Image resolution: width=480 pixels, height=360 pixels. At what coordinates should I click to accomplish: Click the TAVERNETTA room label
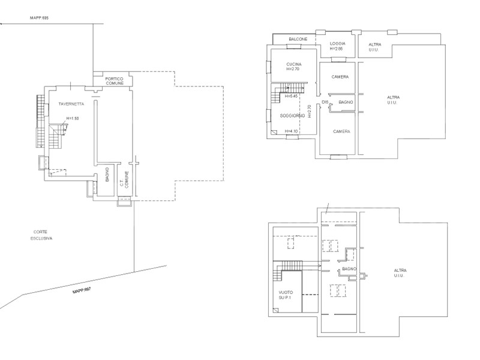point(71,104)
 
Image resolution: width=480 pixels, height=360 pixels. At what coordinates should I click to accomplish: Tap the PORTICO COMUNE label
point(115,81)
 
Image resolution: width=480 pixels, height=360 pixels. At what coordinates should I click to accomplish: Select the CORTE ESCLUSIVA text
point(41,235)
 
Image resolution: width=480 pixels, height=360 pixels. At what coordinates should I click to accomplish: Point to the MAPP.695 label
point(39,18)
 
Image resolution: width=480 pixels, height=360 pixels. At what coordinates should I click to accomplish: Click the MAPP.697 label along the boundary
point(82,290)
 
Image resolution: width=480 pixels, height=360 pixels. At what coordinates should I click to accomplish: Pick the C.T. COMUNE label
point(124,179)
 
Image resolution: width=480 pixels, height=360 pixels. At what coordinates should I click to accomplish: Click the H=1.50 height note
point(73,118)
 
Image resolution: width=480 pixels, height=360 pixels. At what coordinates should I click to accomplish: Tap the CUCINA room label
point(294,64)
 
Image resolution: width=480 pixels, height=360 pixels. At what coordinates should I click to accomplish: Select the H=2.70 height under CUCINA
point(293,69)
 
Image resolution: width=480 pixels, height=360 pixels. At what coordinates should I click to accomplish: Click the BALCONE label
point(298,39)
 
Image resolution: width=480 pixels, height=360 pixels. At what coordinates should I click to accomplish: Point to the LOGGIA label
point(338,44)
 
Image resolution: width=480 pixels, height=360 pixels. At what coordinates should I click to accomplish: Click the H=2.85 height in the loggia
point(336,49)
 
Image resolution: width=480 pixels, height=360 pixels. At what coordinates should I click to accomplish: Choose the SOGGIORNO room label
point(292,116)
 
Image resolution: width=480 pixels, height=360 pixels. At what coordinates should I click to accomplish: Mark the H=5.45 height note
point(291,96)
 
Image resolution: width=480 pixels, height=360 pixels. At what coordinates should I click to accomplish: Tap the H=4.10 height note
point(291,131)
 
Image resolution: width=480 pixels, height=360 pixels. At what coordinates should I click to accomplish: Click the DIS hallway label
point(325,102)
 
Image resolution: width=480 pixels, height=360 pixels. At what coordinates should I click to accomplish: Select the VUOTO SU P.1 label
point(286,295)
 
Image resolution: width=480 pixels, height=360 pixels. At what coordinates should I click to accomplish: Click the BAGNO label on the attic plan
point(349,269)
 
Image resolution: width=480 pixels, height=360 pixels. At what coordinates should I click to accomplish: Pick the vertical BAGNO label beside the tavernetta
point(107,175)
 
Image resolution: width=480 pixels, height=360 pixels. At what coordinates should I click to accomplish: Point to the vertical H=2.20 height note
point(310,112)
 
